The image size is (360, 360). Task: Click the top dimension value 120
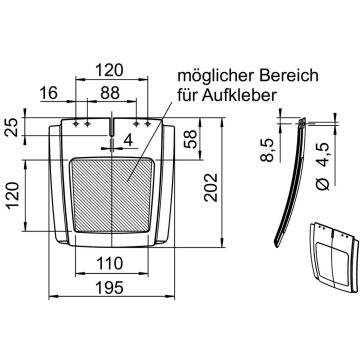111,70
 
